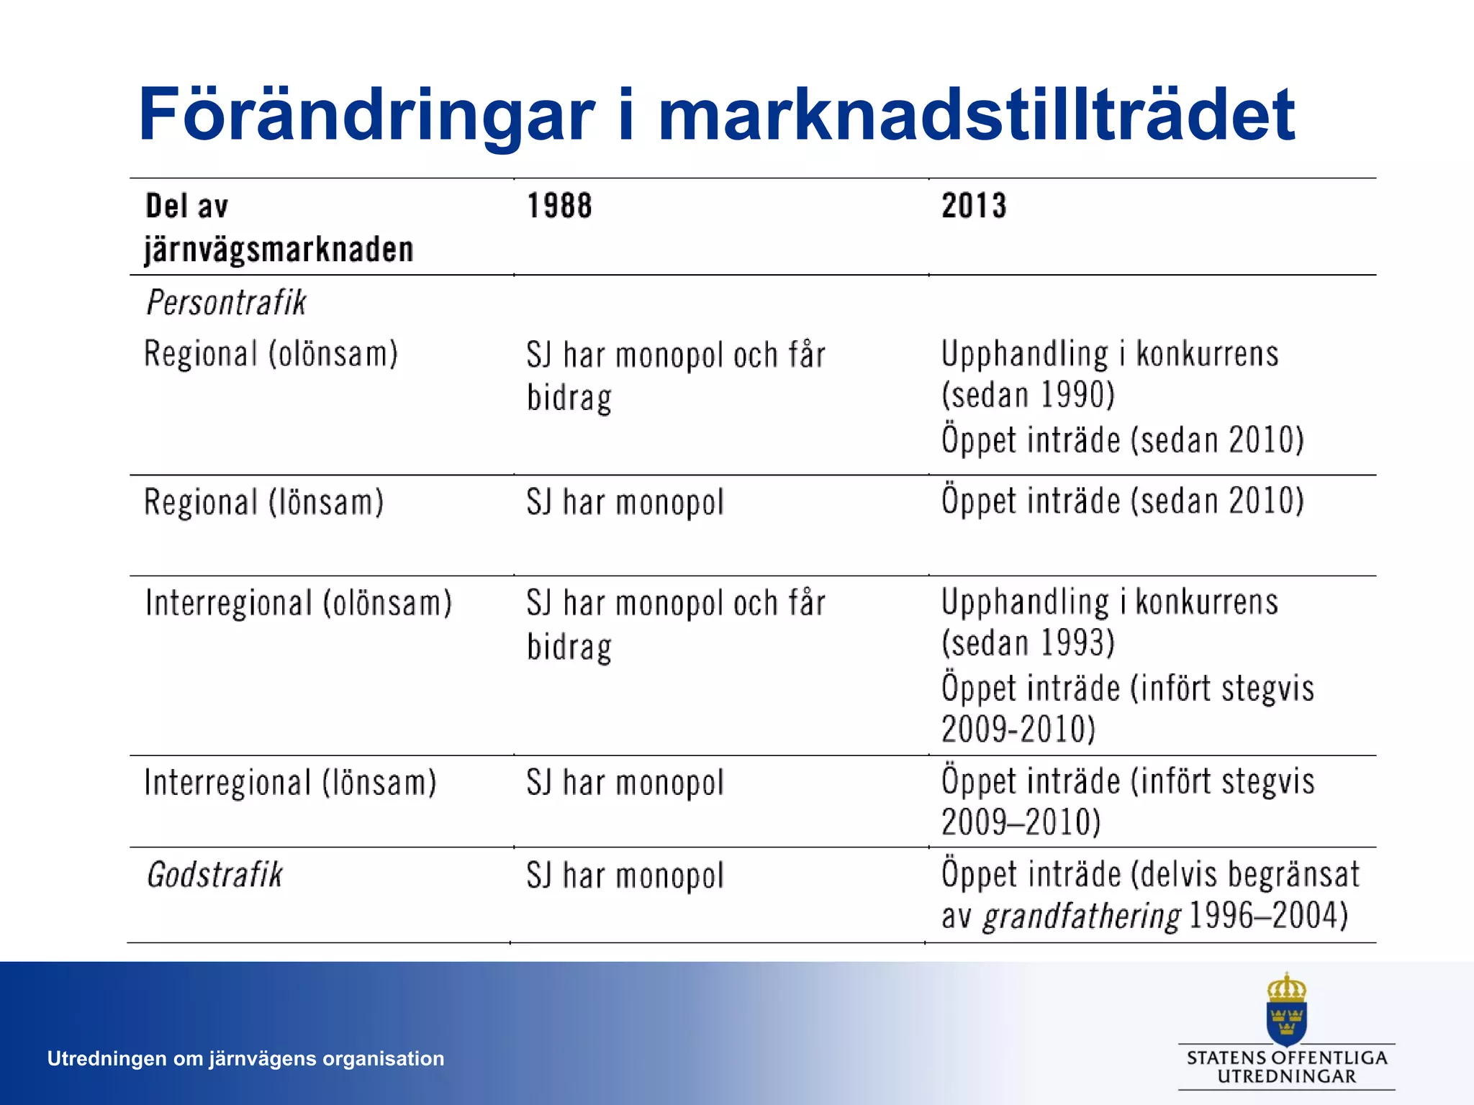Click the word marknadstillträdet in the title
(976, 115)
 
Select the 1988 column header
(559, 206)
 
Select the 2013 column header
(974, 206)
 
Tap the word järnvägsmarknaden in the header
(279, 250)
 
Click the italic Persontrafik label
(226, 302)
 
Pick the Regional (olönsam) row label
(271, 354)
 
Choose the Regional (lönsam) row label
(263, 502)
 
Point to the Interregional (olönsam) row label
(298, 603)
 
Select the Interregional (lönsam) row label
(290, 783)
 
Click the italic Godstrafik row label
(214, 876)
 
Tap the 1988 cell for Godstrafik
(625, 876)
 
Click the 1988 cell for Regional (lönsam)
(625, 502)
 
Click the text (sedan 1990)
(1028, 395)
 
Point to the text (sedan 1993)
(1028, 642)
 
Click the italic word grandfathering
(1082, 917)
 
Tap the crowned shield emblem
(1286, 1009)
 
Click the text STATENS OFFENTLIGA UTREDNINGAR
(1286, 1067)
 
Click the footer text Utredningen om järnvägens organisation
(245, 1058)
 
